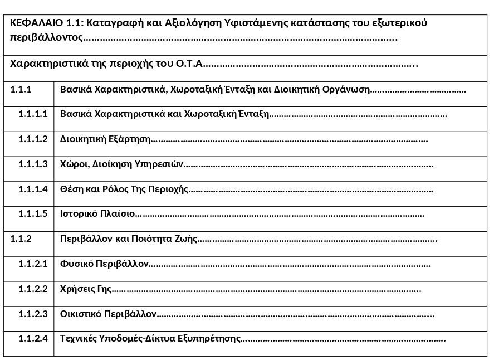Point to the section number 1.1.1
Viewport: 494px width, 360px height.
coord(21,89)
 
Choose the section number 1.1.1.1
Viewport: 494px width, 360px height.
coord(33,114)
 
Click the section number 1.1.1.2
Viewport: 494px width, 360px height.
coord(33,139)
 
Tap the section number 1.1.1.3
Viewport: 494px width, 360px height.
coord(33,164)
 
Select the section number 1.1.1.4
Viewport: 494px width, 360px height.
coord(33,189)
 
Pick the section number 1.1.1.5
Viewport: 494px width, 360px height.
coord(33,214)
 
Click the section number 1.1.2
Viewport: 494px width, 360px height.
coord(21,239)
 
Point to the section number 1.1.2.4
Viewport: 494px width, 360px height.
coord(33,339)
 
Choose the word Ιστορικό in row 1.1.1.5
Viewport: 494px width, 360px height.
coord(78,214)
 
